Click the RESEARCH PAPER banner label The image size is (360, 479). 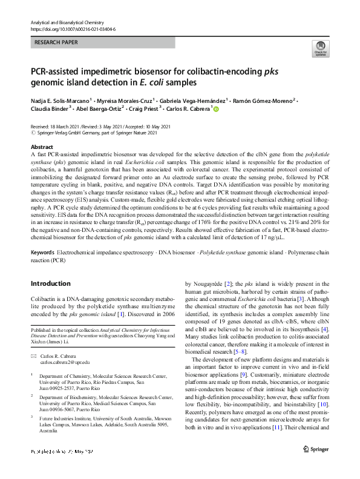pos(56,44)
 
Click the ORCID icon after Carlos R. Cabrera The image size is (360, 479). pos(214,109)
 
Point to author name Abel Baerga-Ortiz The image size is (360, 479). pos(100,109)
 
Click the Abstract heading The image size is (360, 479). pos(42,147)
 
